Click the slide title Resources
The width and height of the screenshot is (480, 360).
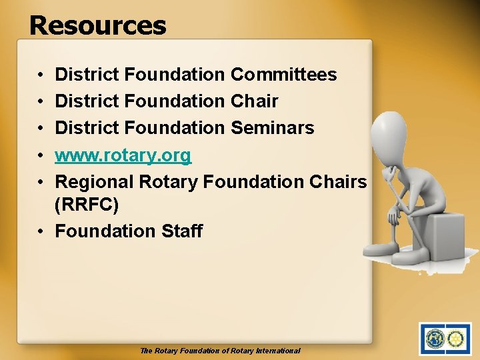(x=97, y=25)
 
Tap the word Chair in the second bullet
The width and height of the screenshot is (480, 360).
(x=254, y=101)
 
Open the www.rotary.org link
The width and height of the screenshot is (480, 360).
(x=123, y=155)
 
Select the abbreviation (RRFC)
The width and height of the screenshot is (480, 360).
(x=87, y=205)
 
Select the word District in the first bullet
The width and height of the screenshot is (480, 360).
(x=87, y=75)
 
